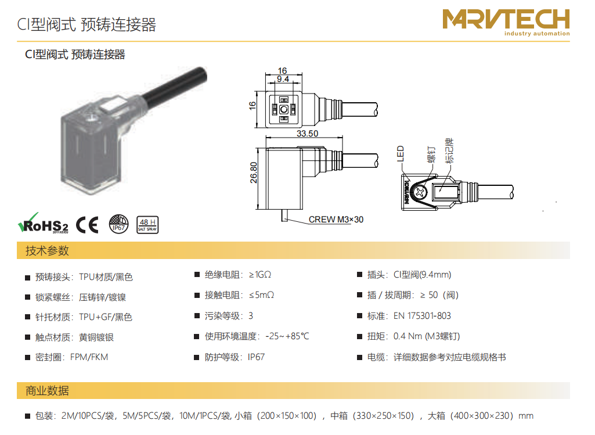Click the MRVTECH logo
pos(506,22)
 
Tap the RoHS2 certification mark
pos(43,224)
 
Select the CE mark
pos(87,225)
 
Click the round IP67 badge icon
pos(119,224)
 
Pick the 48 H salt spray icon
pos(147,225)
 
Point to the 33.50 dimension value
pos(307,134)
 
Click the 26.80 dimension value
pos(254,172)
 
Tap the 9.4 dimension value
pos(283,79)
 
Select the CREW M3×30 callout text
pos(336,220)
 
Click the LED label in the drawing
pos(401,154)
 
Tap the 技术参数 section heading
pos(47,250)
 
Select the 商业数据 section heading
pos(47,391)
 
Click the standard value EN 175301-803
pos(422,316)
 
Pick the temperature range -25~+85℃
pos(287,336)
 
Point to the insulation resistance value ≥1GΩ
pos(260,275)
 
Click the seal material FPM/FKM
pos(89,357)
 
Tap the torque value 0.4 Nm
pos(408,336)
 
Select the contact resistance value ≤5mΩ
pos(261,295)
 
